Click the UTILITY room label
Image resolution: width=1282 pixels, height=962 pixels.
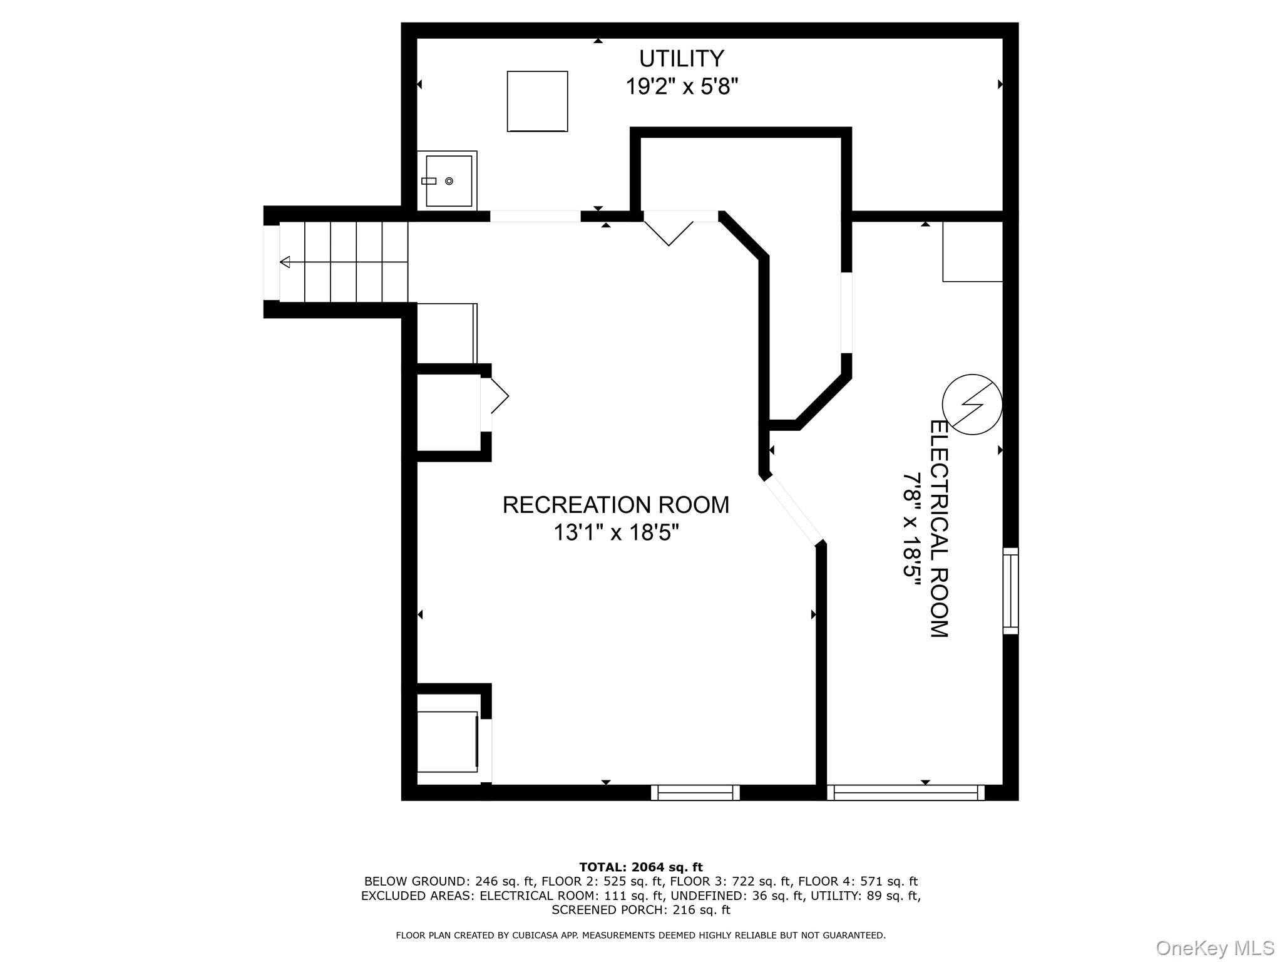click(x=681, y=59)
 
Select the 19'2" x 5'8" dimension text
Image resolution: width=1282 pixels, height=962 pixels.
click(x=682, y=86)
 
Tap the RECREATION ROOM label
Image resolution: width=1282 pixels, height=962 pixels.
click(x=616, y=505)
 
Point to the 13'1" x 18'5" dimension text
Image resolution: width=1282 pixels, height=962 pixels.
click(x=616, y=533)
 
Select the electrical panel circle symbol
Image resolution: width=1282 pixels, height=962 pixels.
click(x=972, y=405)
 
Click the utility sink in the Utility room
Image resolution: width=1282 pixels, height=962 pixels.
click(x=448, y=181)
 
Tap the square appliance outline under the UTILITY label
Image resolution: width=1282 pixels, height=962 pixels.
click(x=537, y=101)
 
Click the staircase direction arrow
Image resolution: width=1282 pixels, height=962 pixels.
click(x=285, y=262)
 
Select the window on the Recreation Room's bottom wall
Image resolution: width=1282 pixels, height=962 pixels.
click(x=695, y=792)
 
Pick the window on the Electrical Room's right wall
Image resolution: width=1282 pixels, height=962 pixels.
click(x=1010, y=591)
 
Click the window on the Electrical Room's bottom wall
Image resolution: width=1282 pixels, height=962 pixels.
click(x=906, y=792)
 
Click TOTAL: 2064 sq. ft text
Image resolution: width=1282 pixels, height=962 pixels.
click(x=640, y=867)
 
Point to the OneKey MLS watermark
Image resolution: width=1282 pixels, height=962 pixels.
click(x=1214, y=948)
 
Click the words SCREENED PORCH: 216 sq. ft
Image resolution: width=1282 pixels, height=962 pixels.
click(x=640, y=910)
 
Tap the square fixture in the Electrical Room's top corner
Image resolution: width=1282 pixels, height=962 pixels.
click(x=972, y=252)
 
